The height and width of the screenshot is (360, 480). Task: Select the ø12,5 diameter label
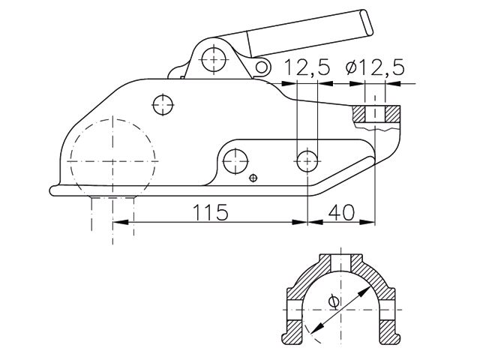[375, 68]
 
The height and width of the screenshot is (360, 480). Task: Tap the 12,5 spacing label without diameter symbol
[307, 68]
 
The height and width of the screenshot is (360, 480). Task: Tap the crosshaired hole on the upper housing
[163, 103]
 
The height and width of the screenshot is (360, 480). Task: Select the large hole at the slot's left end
[237, 157]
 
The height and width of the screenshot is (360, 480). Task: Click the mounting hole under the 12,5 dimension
[307, 158]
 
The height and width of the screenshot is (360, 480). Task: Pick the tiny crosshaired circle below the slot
[253, 178]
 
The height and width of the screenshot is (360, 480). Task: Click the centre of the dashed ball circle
[112, 160]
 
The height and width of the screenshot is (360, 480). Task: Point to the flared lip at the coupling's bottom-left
[54, 190]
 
